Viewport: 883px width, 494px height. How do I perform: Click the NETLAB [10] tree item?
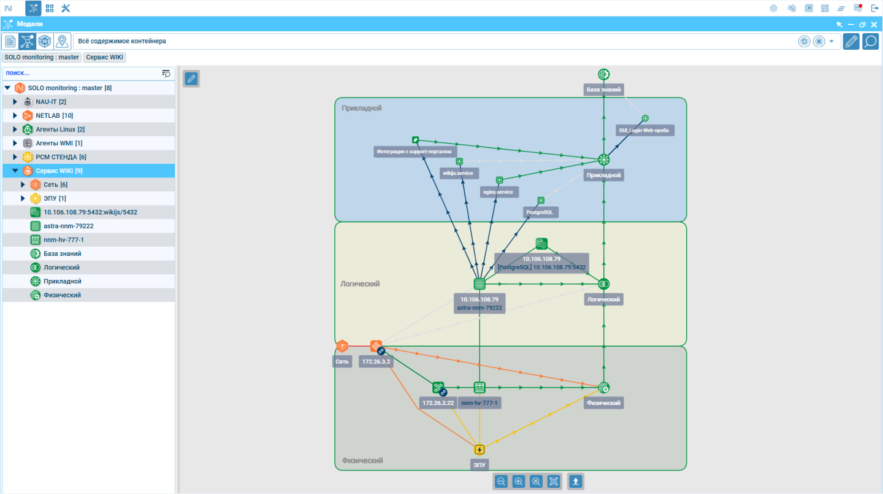point(54,115)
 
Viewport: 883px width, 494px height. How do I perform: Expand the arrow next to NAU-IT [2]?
point(15,102)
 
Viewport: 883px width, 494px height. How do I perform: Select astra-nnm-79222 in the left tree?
point(69,226)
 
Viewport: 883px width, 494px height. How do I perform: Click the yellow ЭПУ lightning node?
point(480,449)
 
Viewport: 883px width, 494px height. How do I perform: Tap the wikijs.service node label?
point(458,173)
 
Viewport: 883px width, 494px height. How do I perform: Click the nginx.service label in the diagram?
point(499,192)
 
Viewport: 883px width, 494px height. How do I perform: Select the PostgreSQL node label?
point(540,212)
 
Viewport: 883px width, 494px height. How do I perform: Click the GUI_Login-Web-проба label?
point(644,130)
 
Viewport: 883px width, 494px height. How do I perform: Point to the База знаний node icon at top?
point(603,74)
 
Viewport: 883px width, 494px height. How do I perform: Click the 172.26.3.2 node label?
point(376,361)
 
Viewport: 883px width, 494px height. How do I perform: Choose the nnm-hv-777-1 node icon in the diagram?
point(480,387)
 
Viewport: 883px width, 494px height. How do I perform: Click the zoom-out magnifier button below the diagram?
point(501,481)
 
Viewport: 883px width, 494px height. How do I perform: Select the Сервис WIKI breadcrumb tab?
point(104,57)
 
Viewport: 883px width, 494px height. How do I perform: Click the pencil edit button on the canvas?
point(191,79)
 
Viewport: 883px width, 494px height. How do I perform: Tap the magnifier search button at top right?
point(870,41)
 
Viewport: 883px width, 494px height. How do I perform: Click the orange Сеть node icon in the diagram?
point(342,346)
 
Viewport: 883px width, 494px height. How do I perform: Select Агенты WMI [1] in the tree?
point(59,143)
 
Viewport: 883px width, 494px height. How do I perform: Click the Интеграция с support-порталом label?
point(414,152)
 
